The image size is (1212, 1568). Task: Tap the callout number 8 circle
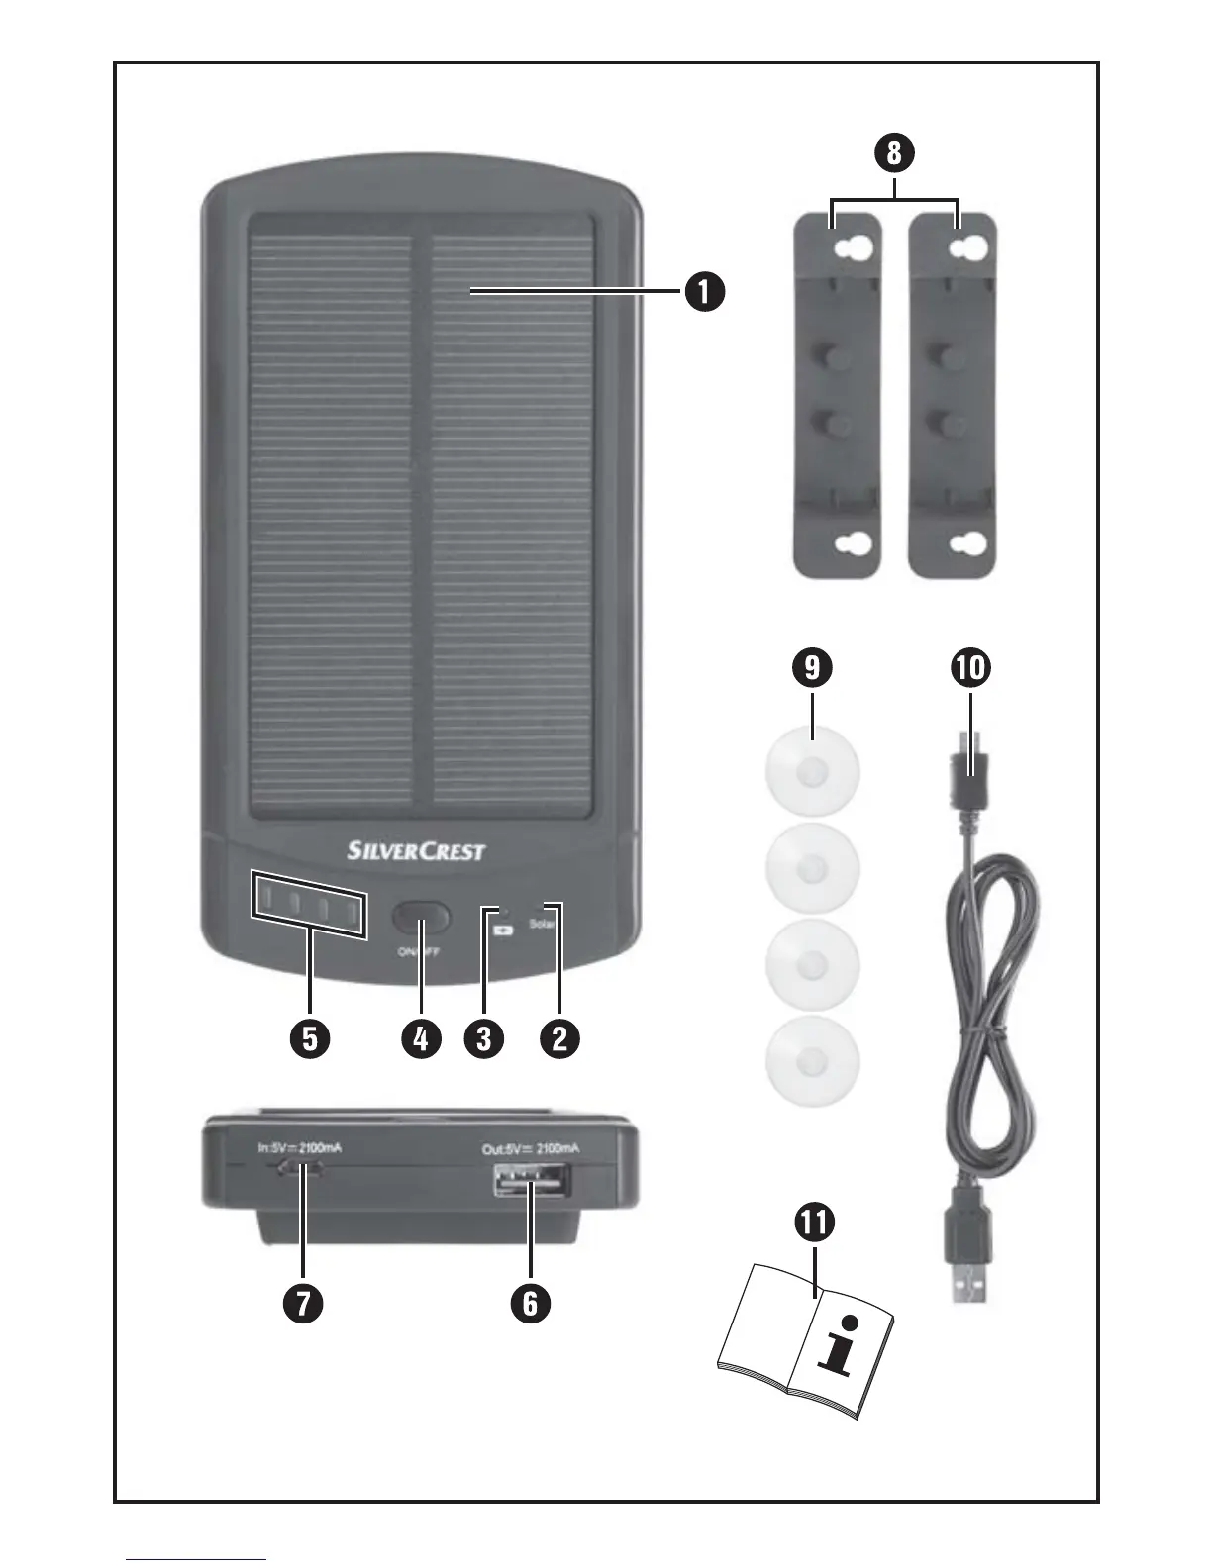point(894,153)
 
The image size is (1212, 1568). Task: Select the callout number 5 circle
point(310,1038)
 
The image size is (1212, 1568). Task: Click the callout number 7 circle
point(303,1303)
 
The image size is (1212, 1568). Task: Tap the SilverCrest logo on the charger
point(417,850)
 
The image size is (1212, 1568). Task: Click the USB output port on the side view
point(530,1181)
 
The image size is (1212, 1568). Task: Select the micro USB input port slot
point(301,1169)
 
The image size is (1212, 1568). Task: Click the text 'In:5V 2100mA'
point(300,1148)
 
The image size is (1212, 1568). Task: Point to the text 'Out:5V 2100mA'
point(530,1149)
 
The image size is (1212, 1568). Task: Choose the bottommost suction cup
point(813,1063)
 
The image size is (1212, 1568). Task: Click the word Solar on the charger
point(542,925)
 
